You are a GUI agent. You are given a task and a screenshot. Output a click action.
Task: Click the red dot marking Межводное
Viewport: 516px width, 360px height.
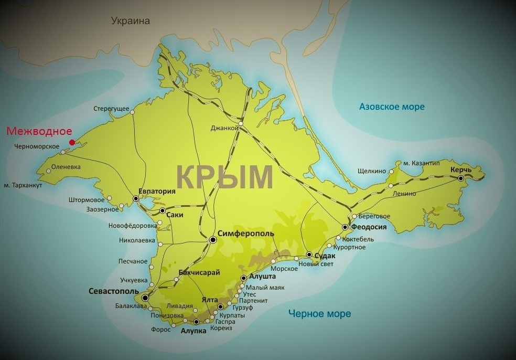(x=72, y=142)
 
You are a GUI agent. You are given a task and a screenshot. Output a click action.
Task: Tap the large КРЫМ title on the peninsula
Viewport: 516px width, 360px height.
(x=224, y=177)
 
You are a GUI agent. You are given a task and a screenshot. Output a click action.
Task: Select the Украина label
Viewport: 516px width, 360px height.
(x=131, y=21)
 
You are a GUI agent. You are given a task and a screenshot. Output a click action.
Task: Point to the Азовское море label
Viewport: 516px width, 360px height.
(x=392, y=107)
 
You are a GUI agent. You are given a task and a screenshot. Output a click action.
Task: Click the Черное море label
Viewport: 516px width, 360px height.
(x=319, y=314)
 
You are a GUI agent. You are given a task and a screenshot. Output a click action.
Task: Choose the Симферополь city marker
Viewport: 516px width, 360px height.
(x=213, y=240)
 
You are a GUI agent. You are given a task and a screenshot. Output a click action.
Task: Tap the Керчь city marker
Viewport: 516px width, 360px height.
(x=461, y=178)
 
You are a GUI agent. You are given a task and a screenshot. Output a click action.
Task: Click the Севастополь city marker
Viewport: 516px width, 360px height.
(x=145, y=298)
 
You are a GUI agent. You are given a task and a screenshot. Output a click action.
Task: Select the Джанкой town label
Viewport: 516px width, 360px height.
(x=221, y=128)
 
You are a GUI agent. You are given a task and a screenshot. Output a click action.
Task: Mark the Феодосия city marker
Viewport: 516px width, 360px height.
(x=345, y=227)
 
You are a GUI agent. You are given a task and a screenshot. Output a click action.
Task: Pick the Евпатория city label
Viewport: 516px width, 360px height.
(x=156, y=192)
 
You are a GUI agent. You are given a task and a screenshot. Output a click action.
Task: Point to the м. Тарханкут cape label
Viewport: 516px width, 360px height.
(x=23, y=186)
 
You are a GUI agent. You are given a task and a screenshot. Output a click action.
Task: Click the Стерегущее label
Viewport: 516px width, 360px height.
(x=111, y=109)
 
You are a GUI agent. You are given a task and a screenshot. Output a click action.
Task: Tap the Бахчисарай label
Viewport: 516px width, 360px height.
(x=199, y=272)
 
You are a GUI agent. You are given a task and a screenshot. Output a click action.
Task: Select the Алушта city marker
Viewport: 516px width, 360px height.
(x=243, y=278)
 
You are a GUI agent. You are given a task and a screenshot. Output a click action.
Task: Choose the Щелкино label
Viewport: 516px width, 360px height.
(x=371, y=171)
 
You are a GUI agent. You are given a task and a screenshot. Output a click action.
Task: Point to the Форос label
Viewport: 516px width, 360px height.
(x=161, y=330)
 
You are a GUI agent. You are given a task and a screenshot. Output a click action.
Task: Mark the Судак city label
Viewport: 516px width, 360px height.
(x=325, y=256)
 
